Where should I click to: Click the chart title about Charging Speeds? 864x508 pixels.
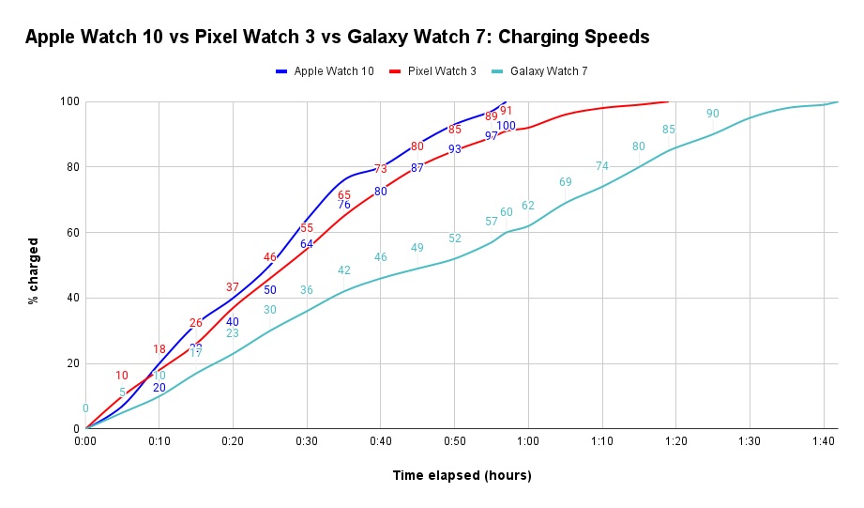[337, 38]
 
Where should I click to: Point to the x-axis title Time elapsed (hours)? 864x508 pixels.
[462, 475]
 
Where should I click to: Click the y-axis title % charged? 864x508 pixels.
[33, 266]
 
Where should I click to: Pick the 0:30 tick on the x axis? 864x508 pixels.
[307, 440]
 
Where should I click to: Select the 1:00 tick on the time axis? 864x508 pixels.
[527, 440]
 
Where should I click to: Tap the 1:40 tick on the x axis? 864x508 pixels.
[823, 440]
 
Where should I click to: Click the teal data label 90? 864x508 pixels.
[713, 114]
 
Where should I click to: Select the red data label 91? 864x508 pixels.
[506, 111]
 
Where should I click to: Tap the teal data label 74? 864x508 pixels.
[602, 166]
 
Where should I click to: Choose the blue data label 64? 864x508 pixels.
[307, 244]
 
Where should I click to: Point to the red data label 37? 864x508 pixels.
[233, 287]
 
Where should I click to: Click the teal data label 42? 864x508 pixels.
[344, 270]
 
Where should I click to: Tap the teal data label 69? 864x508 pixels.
[566, 182]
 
